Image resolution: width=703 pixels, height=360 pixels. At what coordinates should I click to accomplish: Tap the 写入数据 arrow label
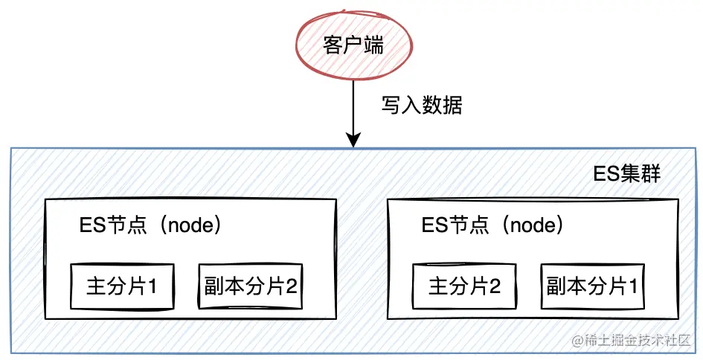[x=422, y=106]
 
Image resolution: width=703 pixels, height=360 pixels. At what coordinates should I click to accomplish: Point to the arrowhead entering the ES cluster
[x=354, y=140]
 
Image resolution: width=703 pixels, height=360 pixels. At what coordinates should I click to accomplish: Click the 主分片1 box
[x=122, y=286]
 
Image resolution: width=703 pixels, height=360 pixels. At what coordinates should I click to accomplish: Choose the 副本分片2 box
[x=251, y=286]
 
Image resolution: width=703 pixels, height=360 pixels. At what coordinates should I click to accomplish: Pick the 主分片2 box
[x=464, y=286]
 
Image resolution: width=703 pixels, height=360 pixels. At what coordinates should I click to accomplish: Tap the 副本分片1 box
[x=593, y=286]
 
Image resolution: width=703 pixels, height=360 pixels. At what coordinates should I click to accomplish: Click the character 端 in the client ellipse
[x=373, y=45]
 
